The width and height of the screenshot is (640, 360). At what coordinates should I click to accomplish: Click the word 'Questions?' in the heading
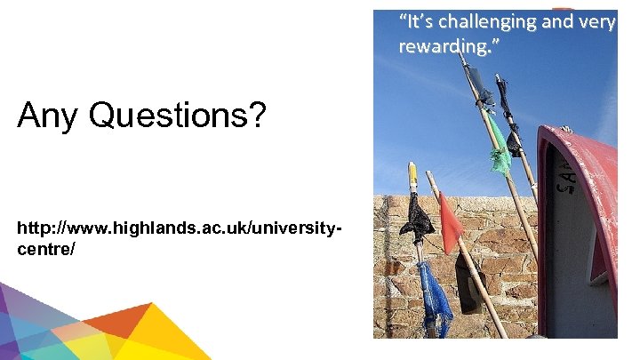(177, 116)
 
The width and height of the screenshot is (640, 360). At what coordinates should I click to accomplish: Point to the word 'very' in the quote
(596, 21)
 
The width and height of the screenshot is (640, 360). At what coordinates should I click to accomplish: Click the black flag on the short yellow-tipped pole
(416, 218)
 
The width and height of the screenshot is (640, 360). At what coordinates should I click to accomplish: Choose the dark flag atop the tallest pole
(479, 85)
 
